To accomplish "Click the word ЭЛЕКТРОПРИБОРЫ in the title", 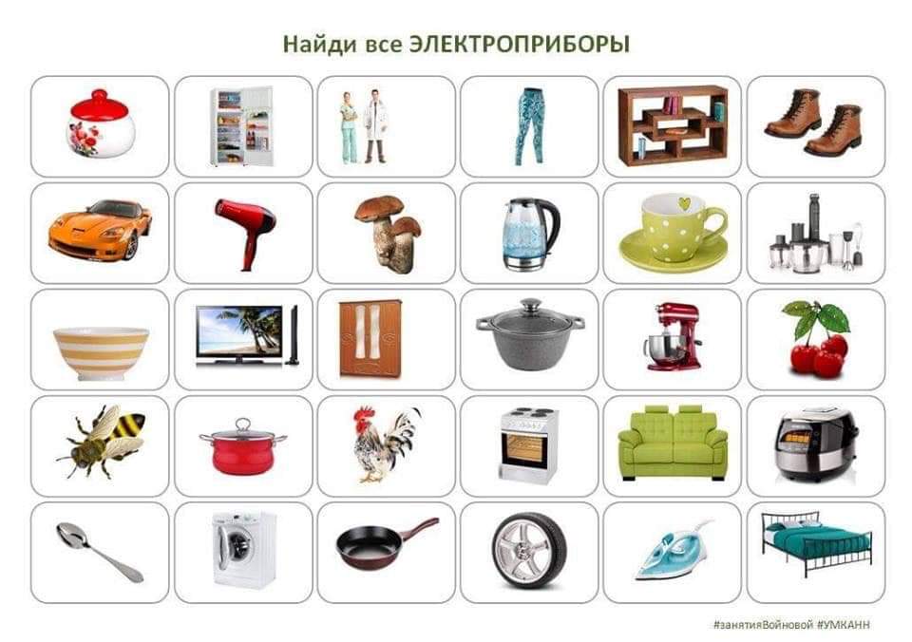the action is (520, 45).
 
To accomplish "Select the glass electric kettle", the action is (529, 234).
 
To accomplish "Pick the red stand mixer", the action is (673, 336).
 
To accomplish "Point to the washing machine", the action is (244, 550).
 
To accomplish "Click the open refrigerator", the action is (241, 125).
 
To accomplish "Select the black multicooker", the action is (815, 444).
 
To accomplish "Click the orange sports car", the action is (100, 230).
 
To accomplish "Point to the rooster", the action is (386, 444).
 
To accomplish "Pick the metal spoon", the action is (100, 552).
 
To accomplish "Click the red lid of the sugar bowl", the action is (99, 105).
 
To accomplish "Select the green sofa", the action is (673, 443).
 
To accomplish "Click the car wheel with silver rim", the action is (529, 551).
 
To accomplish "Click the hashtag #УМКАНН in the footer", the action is (844, 625).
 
